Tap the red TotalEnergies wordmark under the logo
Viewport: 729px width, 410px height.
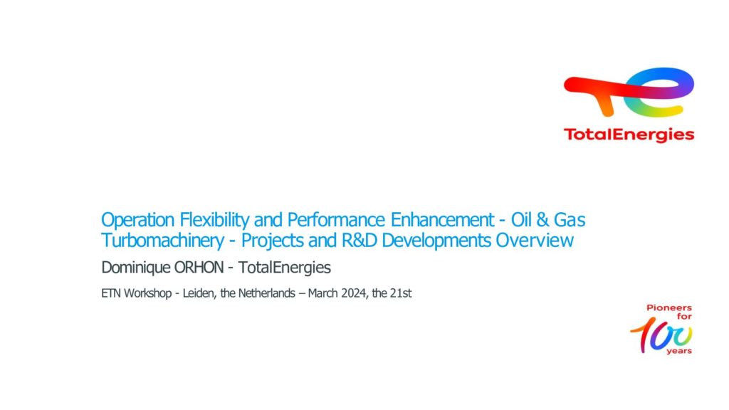pyautogui.click(x=629, y=135)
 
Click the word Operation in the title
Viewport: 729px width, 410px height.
pyautogui.click(x=137, y=220)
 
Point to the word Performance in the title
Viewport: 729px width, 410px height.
pyautogui.click(x=336, y=219)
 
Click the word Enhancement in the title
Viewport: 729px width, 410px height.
pyautogui.click(x=442, y=219)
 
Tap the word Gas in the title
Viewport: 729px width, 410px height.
pyautogui.click(x=570, y=219)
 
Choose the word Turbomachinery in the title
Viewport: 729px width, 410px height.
pyautogui.click(x=163, y=241)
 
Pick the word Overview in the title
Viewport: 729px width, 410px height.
pyautogui.click(x=535, y=241)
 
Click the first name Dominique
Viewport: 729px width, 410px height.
pyautogui.click(x=136, y=268)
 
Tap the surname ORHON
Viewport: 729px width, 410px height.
pyautogui.click(x=199, y=268)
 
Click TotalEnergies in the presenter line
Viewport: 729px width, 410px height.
pyautogui.click(x=285, y=268)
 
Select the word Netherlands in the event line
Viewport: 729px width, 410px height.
pyautogui.click(x=266, y=293)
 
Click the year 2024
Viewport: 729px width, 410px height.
pyautogui.click(x=353, y=293)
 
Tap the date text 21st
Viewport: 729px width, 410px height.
pyautogui.click(x=401, y=293)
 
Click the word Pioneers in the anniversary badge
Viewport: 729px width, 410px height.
pyautogui.click(x=669, y=307)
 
